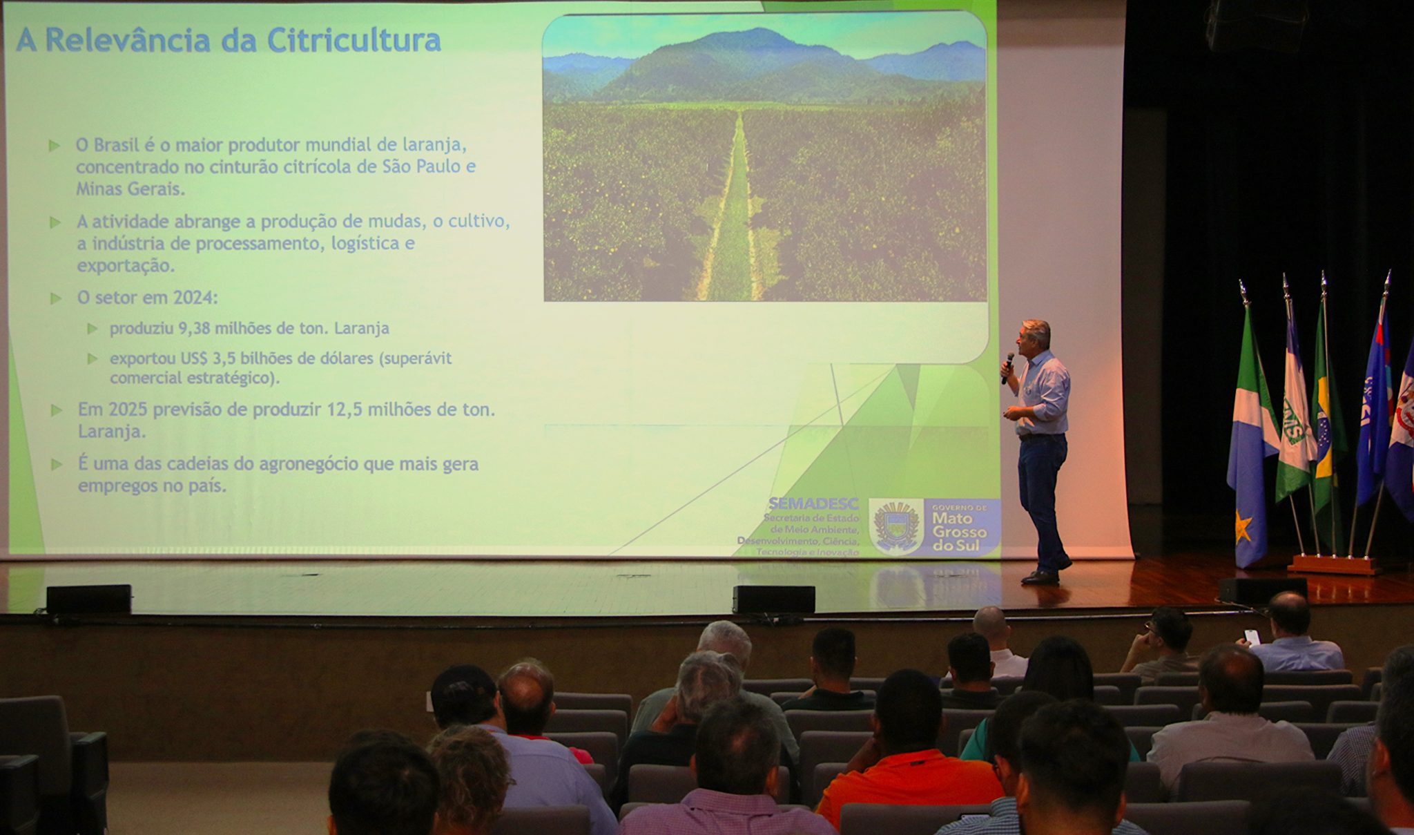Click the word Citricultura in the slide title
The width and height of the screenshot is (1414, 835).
tap(353, 40)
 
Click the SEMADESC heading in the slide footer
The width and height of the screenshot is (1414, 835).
tap(813, 503)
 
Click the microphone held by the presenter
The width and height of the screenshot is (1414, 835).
tap(1008, 366)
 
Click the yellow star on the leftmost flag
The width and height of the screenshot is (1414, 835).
tap(1243, 528)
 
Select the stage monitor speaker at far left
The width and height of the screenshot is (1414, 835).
tap(88, 599)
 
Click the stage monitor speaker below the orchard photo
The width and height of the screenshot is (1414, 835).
tap(773, 599)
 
